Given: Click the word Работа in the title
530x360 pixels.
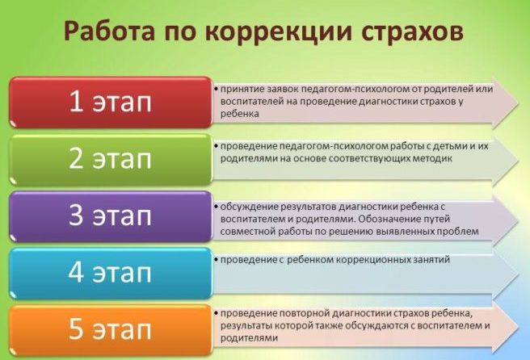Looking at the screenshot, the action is (109, 31).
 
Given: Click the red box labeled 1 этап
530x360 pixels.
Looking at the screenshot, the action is (111, 102).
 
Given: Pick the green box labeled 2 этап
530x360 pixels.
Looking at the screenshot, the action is (111, 159).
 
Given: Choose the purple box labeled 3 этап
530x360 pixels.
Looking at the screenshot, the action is (111, 216).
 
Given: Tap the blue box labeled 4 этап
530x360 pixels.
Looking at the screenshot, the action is (111, 273).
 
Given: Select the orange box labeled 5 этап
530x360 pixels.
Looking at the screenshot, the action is (111, 330).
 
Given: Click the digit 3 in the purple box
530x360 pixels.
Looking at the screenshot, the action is (76, 216).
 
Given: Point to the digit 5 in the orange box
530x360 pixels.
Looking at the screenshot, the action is (76, 329).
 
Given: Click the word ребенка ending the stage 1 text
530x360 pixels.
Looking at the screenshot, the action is (240, 114).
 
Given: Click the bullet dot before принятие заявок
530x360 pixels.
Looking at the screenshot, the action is (216, 89).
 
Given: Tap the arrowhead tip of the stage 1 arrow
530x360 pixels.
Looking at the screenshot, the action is (519, 103).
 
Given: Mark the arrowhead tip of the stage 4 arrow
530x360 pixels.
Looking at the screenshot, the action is (519, 274).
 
